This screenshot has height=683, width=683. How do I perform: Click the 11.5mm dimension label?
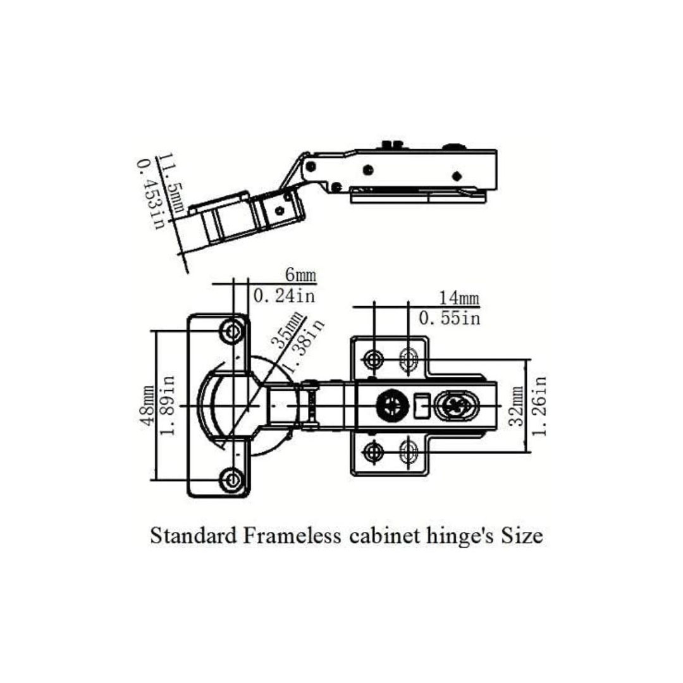coord(171,183)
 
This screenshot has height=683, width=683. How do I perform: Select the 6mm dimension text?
coord(300,275)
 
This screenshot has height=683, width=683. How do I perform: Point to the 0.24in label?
coord(285,296)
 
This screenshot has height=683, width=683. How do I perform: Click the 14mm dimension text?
coord(458,298)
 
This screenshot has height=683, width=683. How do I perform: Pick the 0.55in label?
coord(450,318)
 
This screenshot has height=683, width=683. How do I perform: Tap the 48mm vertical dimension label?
coord(147,405)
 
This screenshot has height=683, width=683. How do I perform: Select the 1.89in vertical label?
coord(168,405)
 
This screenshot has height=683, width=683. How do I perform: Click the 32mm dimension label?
coord(518,406)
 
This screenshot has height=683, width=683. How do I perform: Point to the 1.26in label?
coord(539,406)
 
